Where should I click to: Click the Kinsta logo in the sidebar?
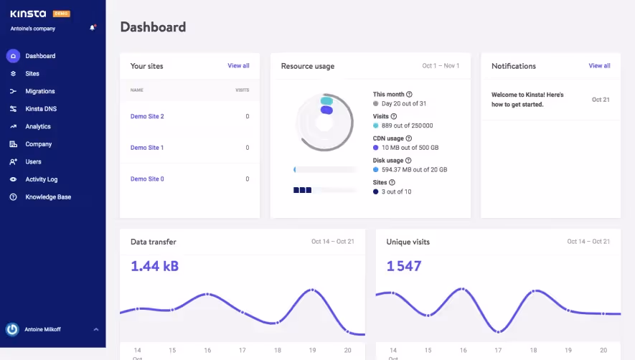coord(29,14)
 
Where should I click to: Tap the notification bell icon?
coord(92,28)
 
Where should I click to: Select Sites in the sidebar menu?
coord(32,74)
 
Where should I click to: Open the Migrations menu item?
coord(39,92)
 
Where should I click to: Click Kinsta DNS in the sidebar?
coord(40,109)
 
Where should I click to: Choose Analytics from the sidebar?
coord(38,127)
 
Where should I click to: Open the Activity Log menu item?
coord(41,179)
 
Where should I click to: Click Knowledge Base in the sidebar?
coord(48,197)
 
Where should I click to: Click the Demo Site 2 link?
coord(147,116)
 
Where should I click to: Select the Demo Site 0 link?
coord(147,179)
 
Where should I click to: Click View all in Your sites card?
coord(238,66)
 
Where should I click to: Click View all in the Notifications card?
coord(599,66)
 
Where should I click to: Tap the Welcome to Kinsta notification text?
coord(527,100)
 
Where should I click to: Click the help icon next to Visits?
coord(394,116)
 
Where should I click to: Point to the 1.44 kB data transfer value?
coord(154,267)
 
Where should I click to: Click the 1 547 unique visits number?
coord(404,267)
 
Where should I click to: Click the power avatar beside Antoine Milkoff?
coord(12,329)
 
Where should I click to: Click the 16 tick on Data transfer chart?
coord(207,351)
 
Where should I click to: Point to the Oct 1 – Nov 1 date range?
coord(441,66)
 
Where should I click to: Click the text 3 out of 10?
coord(396,192)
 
